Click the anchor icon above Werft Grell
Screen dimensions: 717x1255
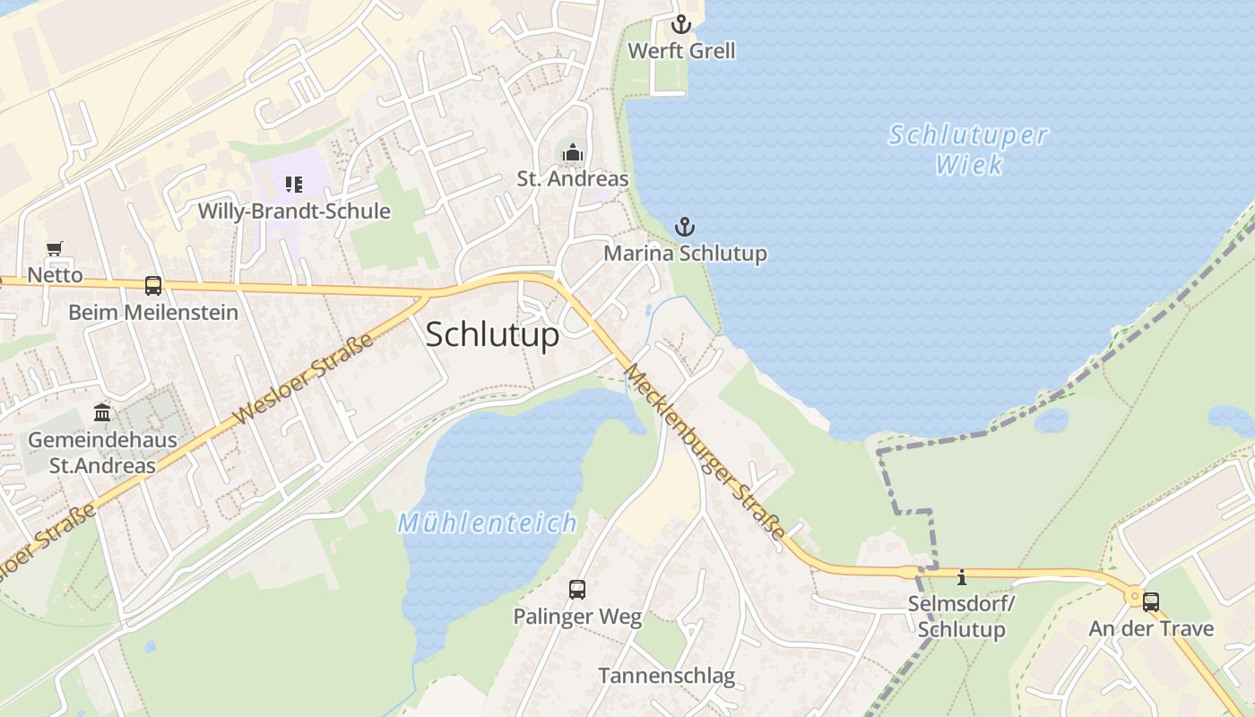pos(681,24)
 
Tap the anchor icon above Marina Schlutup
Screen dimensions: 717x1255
pos(685,227)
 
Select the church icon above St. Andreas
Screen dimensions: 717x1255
pos(572,153)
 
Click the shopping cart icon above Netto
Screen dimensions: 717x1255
pos(55,248)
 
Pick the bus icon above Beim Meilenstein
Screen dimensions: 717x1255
pos(153,286)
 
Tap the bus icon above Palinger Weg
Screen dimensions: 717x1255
pos(577,590)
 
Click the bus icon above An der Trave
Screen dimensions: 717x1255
pos(1151,602)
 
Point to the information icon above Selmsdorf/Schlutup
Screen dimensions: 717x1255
pos(962,577)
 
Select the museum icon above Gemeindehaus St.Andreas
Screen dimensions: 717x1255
pos(101,413)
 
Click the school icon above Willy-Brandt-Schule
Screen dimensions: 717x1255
pos(294,185)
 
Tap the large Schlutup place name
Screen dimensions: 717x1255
pos(492,334)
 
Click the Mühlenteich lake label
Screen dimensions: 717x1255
pos(487,523)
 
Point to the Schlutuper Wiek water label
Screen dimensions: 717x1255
pos(968,150)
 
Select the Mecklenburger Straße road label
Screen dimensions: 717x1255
pos(705,452)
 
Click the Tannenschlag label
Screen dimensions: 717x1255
pos(666,676)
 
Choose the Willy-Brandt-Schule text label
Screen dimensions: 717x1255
pos(294,212)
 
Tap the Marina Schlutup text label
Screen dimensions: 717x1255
pos(685,253)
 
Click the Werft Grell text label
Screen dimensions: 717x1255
pos(681,51)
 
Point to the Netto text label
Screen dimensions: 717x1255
pos(55,275)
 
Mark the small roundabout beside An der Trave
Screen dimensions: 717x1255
pos(1134,595)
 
